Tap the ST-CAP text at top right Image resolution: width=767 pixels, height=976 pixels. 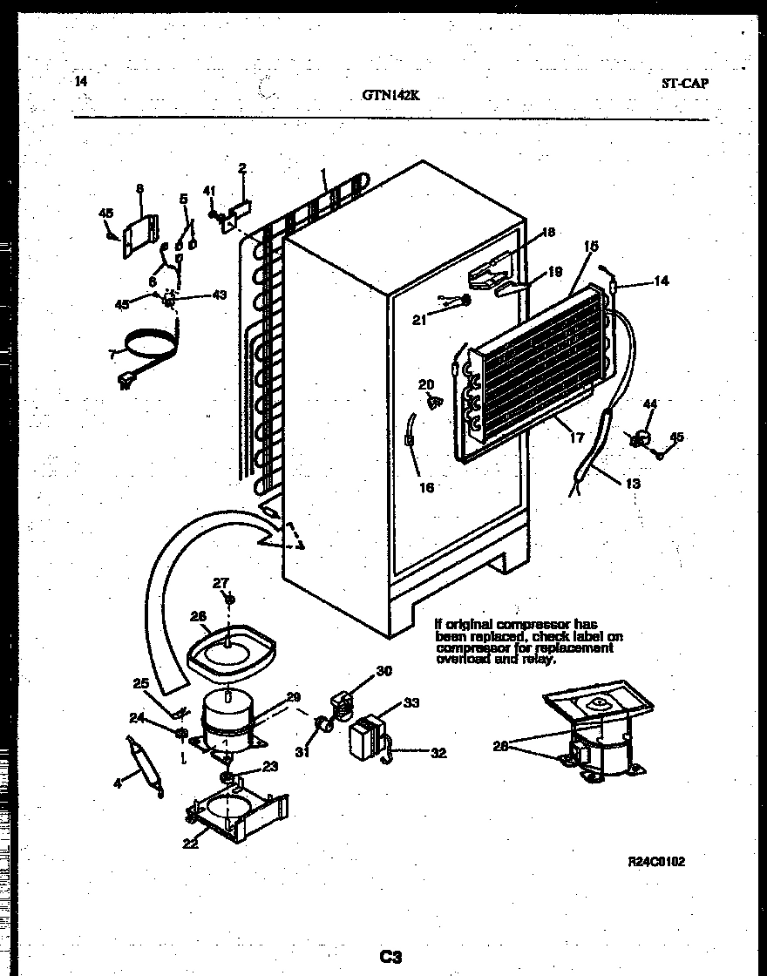click(x=685, y=84)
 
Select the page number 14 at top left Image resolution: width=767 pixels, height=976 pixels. click(x=81, y=82)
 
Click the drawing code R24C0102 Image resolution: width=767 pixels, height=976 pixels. click(x=656, y=861)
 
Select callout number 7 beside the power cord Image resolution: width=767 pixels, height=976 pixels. click(x=110, y=353)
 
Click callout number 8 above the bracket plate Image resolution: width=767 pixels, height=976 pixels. click(x=139, y=187)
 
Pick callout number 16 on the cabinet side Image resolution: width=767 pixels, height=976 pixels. click(x=425, y=487)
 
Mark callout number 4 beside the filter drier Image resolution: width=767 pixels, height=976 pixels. click(x=119, y=783)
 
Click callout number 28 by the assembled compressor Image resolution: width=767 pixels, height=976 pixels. click(x=499, y=745)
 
